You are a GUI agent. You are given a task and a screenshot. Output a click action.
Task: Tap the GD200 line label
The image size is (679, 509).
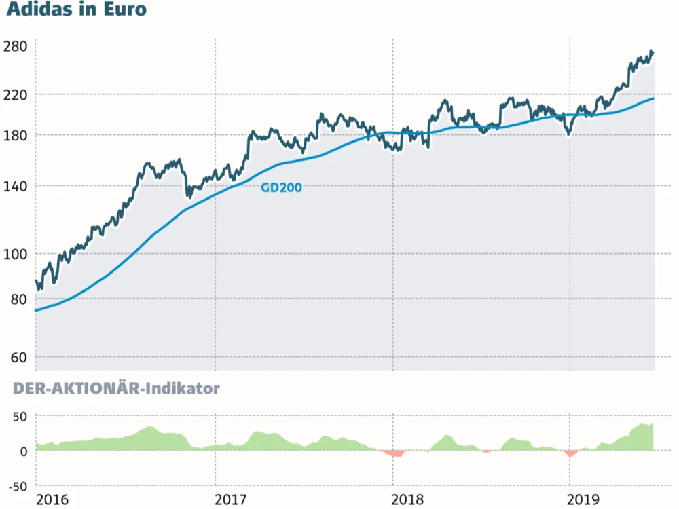pyautogui.click(x=281, y=187)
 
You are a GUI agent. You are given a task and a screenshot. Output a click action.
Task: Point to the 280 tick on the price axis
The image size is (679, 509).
pyautogui.click(x=15, y=46)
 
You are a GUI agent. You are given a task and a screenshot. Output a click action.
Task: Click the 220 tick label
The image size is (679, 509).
pyautogui.click(x=15, y=94)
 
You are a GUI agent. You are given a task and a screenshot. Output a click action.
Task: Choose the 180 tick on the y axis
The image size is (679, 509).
pyautogui.click(x=15, y=135)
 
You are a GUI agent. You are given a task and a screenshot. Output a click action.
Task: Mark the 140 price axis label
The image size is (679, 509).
pyautogui.click(x=15, y=185)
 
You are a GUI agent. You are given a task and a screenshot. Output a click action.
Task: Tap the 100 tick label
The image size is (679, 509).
pyautogui.click(x=15, y=254)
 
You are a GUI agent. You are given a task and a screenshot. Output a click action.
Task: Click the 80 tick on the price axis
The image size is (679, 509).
pyautogui.click(x=18, y=299)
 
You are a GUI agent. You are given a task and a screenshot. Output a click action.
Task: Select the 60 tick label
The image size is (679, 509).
pyautogui.click(x=18, y=357)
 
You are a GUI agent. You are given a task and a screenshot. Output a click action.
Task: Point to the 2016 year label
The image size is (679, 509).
pyautogui.click(x=52, y=499)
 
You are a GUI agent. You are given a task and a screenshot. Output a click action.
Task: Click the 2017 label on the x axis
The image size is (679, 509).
pyautogui.click(x=230, y=499)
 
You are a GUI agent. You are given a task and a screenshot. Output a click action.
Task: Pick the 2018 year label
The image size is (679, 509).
pyautogui.click(x=408, y=499)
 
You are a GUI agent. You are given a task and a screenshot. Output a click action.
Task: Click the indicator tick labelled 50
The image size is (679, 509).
pyautogui.click(x=18, y=415)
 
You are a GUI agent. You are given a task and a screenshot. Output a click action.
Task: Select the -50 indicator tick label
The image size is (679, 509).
pyautogui.click(x=16, y=486)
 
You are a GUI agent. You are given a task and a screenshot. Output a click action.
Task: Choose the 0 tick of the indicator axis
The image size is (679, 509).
pyautogui.click(x=22, y=451)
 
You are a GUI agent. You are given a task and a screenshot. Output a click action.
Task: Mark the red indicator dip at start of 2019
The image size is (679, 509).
pyautogui.click(x=570, y=453)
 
